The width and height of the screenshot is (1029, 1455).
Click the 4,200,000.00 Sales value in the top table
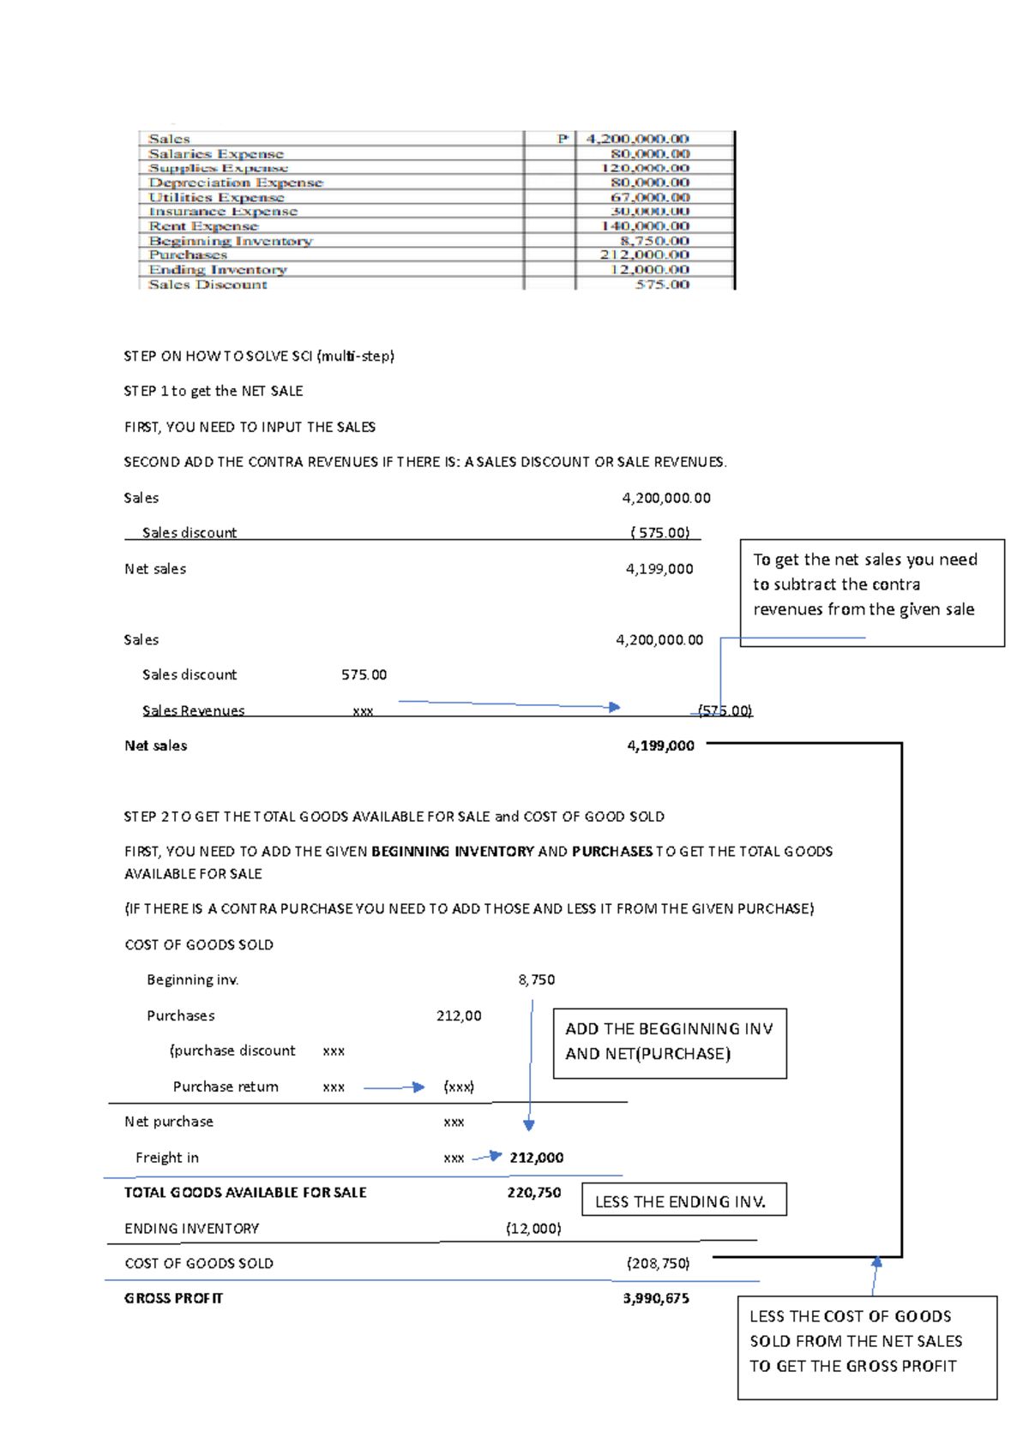[637, 139]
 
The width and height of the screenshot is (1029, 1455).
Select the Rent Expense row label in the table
[203, 226]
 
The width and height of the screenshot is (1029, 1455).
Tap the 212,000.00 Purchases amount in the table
[644, 254]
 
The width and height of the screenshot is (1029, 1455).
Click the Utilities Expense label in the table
[216, 197]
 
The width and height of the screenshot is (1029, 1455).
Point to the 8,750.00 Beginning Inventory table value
[654, 241]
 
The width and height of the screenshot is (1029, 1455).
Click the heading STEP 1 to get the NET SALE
[214, 391]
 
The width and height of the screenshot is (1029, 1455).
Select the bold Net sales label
[155, 745]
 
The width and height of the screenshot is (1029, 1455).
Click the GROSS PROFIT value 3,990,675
[656, 1298]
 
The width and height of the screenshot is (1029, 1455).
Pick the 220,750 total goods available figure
[533, 1192]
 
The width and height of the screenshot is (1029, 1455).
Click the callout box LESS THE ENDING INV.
[683, 1201]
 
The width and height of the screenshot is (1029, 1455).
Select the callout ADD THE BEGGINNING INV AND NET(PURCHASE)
[670, 1042]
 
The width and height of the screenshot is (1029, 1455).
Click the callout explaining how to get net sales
[871, 592]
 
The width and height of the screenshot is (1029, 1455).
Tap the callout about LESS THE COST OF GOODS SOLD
[866, 1346]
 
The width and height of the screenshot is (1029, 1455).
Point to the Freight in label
[167, 1158]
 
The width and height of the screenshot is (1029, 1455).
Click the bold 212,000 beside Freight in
[537, 1158]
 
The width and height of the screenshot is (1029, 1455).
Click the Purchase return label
[226, 1087]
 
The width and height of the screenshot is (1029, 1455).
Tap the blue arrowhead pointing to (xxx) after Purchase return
[418, 1087]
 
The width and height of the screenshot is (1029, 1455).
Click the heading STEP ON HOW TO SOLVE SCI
[259, 356]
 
